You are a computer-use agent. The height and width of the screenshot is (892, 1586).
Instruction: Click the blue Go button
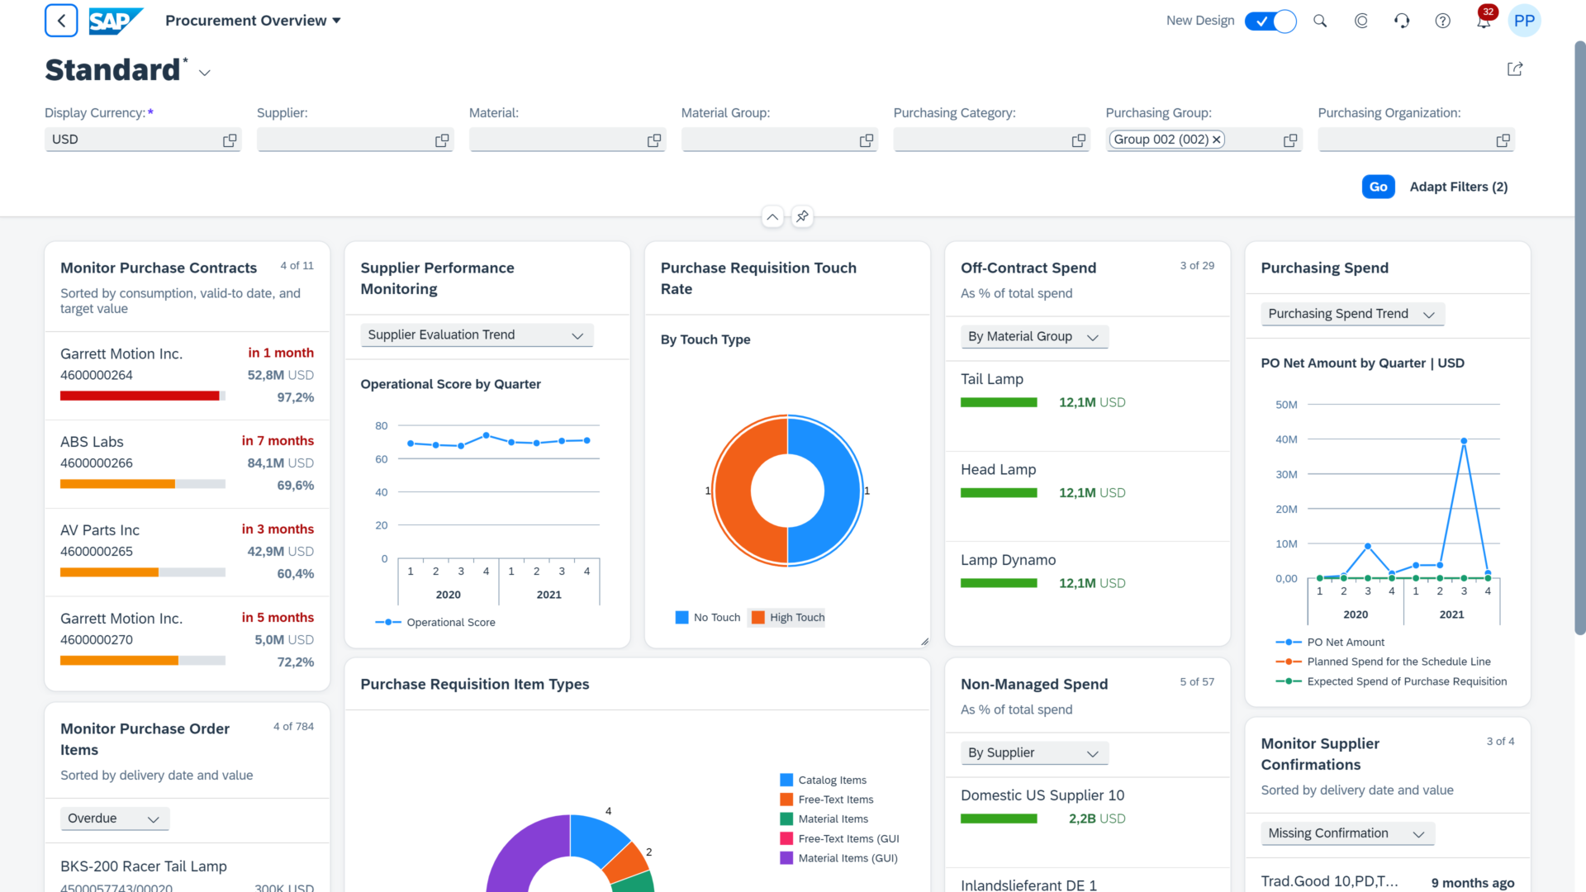point(1378,187)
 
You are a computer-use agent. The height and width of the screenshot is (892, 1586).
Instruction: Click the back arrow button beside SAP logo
point(61,21)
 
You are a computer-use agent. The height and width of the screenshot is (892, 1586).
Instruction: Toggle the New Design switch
point(1270,21)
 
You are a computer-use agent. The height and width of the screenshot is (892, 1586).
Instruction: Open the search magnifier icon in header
point(1320,21)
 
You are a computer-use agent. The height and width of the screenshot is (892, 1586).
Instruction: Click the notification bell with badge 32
point(1484,21)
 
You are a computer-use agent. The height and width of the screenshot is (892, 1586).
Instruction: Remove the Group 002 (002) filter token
point(1216,140)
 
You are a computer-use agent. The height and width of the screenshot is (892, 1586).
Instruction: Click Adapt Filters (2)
point(1458,187)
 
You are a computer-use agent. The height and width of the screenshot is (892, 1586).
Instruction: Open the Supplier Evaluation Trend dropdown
point(477,334)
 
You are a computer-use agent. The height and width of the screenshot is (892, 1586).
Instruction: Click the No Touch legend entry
point(708,618)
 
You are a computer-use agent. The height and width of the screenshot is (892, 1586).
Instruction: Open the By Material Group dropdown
point(1033,336)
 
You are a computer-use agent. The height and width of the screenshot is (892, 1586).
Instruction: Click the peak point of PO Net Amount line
point(1464,441)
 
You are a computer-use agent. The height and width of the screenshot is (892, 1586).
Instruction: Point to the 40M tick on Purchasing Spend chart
point(1286,439)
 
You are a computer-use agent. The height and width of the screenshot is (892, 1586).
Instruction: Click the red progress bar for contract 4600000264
point(140,396)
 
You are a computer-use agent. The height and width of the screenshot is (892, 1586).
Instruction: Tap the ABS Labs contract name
point(92,442)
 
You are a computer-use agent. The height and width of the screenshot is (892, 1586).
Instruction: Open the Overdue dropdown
point(114,818)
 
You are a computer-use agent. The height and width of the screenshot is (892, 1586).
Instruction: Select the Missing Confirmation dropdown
point(1346,833)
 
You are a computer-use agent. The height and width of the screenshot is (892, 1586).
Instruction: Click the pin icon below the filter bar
point(802,216)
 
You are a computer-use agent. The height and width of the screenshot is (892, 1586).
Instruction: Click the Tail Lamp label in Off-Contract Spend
point(991,379)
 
